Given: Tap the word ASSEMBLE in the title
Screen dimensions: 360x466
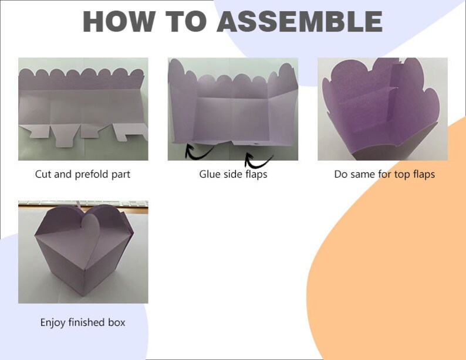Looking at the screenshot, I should tap(299, 22).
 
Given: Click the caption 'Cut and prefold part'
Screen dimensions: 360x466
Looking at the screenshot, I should tap(83, 174).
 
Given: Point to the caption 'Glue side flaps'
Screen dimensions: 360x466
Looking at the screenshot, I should tap(233, 174).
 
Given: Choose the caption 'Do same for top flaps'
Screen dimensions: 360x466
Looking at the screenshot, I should tap(384, 174).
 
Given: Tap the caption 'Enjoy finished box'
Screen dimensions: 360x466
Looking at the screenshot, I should tap(83, 322).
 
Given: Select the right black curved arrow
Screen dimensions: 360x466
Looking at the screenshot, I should tap(258, 160).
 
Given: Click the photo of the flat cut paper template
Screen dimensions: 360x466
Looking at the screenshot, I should tap(83, 108).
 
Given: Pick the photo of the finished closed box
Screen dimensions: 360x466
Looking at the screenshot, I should tap(83, 252).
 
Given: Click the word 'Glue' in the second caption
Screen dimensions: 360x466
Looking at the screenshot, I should tap(210, 174).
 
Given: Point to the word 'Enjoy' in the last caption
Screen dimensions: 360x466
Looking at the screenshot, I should tap(53, 322).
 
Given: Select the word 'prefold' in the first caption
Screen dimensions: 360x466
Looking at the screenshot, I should tap(96, 174).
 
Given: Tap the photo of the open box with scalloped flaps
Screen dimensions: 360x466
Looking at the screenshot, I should tap(383, 108).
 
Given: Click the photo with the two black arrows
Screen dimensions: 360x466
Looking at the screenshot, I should tap(233, 108).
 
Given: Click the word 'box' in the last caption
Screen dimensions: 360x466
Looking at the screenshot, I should tap(116, 322).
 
